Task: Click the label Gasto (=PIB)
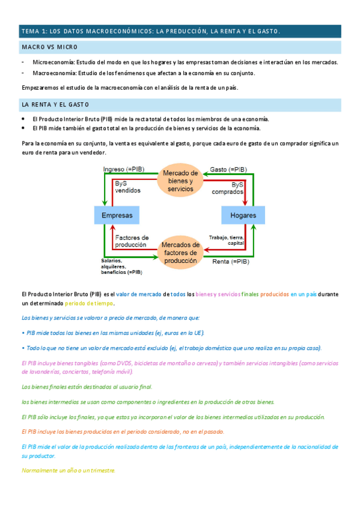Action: pos(229,170)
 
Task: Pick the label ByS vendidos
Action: pos(127,186)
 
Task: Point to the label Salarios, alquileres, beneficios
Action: pos(121,266)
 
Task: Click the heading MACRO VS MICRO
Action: pos(49,47)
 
